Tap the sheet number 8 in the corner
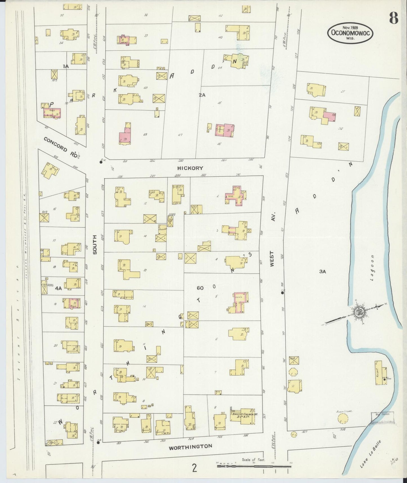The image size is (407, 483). (393, 19)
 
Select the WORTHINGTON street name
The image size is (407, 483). (190, 446)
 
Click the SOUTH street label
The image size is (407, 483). (95, 244)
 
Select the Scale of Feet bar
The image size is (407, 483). (253, 466)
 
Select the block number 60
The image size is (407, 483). (200, 288)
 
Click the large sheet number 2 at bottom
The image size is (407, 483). (194, 468)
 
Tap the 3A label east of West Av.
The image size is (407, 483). (323, 272)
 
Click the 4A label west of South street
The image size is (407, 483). (58, 288)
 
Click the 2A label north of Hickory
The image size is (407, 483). (202, 95)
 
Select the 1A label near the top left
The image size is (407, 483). (66, 66)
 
